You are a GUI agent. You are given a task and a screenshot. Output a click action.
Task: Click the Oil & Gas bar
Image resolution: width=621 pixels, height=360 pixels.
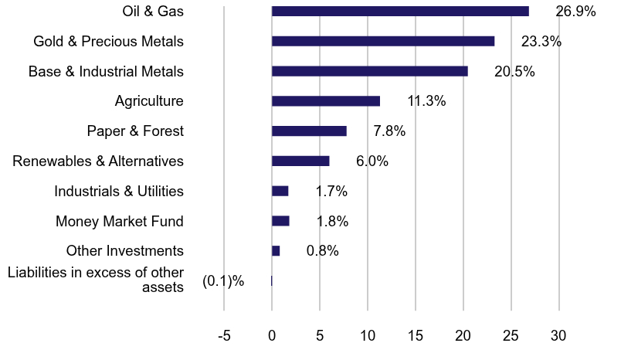tap(400, 11)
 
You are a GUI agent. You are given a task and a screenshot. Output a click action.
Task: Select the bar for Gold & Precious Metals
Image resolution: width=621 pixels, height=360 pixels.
tap(383, 41)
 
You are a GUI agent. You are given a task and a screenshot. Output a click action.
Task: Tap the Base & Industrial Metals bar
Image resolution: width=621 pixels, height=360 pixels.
tap(370, 71)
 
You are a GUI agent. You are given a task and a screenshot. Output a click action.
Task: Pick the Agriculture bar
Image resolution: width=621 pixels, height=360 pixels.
tap(326, 101)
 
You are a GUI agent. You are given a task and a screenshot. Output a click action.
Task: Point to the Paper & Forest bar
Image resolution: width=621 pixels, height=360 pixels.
tap(309, 131)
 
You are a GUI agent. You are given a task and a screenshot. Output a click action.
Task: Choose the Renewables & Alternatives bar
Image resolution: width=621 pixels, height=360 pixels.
tap(300, 161)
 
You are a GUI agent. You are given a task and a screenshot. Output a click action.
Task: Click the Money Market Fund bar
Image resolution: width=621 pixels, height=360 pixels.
tap(280, 221)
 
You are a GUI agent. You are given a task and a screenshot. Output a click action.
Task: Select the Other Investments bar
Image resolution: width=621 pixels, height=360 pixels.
tap(276, 251)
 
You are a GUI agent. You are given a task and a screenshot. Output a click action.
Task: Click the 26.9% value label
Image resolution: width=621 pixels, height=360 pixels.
tap(575, 12)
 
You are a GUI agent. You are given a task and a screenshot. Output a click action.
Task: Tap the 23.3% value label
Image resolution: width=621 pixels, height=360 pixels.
tap(541, 42)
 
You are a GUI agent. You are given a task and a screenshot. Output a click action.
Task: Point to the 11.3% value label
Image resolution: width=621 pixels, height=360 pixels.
tap(426, 101)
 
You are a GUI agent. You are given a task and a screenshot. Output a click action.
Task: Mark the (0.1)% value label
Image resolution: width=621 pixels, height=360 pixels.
tap(223, 281)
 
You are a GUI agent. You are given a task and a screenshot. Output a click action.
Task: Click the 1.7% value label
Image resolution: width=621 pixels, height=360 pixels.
tap(331, 192)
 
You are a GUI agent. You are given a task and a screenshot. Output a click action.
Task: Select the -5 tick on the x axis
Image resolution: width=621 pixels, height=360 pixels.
tap(224, 337)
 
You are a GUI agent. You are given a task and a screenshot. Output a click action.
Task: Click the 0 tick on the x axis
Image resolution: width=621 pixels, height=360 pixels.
tap(272, 337)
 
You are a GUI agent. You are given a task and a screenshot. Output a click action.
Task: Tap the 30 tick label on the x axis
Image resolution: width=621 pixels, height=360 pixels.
tap(558, 337)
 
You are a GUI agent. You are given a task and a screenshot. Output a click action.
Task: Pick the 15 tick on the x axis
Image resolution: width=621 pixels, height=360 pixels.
tap(416, 337)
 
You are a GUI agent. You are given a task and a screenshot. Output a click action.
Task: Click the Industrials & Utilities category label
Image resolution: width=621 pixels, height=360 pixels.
tap(119, 191)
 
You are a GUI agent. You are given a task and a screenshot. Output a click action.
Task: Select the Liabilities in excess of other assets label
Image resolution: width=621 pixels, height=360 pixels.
tap(95, 280)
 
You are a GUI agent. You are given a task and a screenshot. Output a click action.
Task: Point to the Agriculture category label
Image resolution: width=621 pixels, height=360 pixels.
tap(149, 100)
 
